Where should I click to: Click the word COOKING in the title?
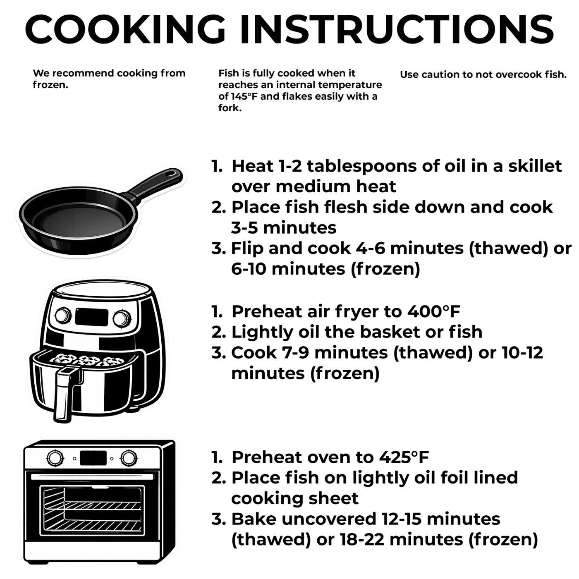click(x=125, y=29)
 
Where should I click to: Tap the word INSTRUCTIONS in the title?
click(x=397, y=29)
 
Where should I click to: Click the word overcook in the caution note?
click(x=514, y=74)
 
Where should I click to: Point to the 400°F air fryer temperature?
click(x=433, y=311)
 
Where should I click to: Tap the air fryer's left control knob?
click(x=63, y=316)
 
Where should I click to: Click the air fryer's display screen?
click(x=92, y=317)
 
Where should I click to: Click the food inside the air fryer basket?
click(x=87, y=360)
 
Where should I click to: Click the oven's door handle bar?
click(x=92, y=477)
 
